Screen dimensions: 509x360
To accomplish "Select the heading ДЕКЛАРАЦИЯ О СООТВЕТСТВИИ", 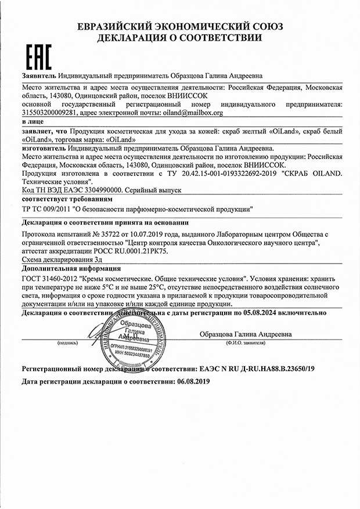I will coord(179,38).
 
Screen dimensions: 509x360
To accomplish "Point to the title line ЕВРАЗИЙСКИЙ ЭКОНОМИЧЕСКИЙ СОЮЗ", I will coord(179,27).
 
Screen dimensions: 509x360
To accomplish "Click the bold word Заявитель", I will coord(39,76).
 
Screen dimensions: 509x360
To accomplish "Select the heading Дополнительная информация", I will coord(71,269).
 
